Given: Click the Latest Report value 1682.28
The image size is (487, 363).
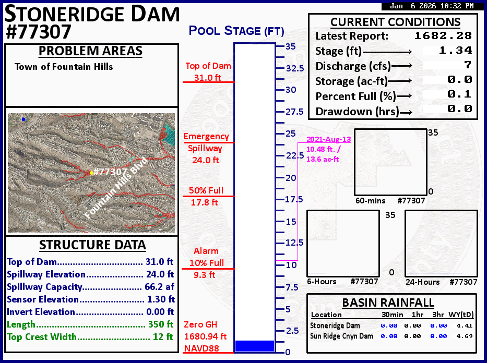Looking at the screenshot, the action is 443,35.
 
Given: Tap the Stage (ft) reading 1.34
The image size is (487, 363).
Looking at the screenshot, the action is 455,50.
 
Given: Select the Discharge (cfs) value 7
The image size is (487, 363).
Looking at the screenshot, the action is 468,65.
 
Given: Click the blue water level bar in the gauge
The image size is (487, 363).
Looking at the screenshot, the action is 255,346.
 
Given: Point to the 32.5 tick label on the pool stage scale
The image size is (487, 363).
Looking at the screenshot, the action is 295,68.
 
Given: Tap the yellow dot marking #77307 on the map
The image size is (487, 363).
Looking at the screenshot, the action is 91,173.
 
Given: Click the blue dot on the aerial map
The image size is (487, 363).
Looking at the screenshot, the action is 23,119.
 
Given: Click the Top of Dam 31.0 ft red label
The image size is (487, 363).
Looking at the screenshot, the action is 208,71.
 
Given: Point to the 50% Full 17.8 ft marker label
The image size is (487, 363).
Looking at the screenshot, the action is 206,197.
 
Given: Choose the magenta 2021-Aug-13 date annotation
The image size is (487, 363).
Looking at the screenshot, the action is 329,139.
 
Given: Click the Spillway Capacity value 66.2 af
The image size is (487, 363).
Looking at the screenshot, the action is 159,287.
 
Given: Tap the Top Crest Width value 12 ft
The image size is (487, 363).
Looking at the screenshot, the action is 163,336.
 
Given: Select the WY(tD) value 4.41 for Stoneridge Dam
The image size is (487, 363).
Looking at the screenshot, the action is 465,326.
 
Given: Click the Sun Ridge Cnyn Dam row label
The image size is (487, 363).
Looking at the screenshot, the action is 342,336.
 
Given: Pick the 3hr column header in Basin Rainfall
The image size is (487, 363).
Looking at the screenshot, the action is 438,314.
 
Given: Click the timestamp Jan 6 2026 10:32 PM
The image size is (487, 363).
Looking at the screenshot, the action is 432,6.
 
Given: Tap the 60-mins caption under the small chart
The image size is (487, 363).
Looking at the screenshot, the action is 370,201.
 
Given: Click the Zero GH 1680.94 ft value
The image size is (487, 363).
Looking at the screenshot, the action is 205,336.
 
